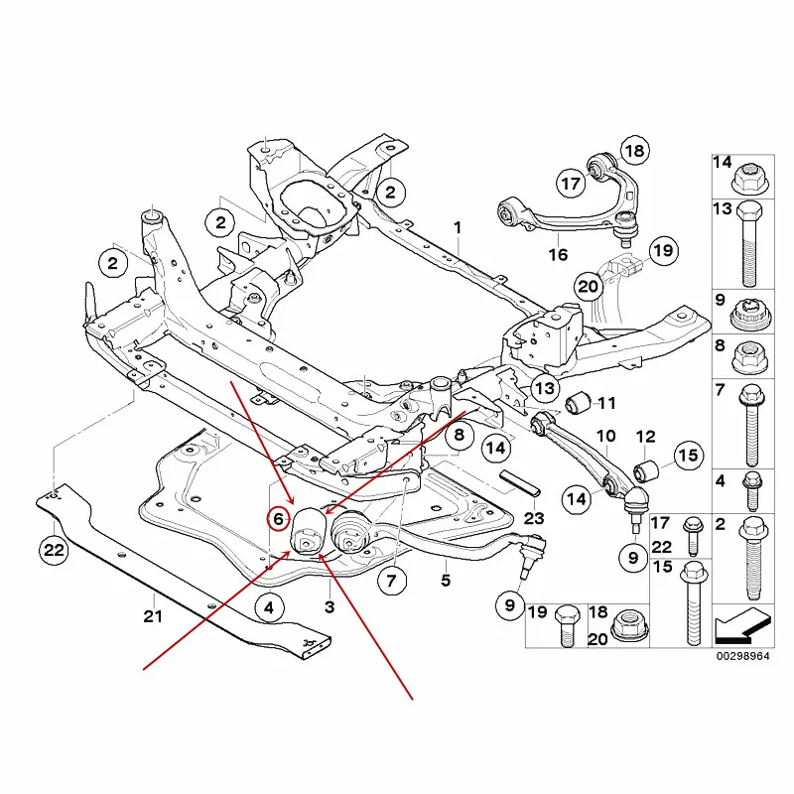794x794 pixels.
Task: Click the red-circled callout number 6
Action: [278, 519]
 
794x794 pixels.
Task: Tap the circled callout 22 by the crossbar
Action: [55, 550]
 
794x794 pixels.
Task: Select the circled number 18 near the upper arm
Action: [634, 151]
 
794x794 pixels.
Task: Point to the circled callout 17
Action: [572, 183]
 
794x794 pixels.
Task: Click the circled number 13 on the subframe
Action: [545, 388]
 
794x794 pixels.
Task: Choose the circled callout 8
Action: [460, 435]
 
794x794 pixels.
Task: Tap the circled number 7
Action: [391, 581]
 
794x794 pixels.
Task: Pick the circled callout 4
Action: [269, 607]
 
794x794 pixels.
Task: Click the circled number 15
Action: [688, 456]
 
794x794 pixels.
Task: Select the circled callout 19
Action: [663, 251]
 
